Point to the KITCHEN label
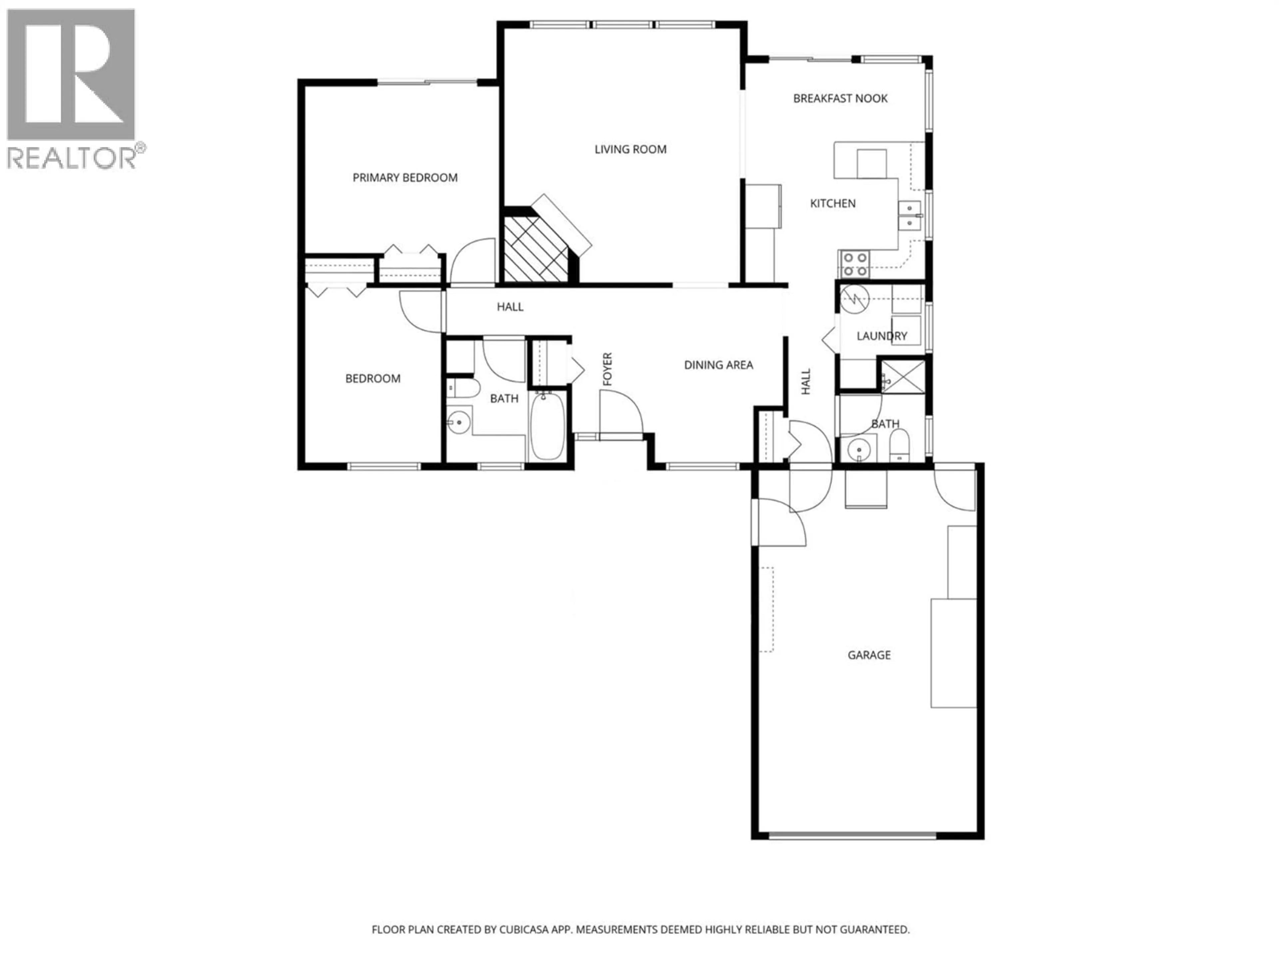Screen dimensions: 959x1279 click(x=833, y=203)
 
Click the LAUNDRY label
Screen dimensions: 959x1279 click(x=881, y=336)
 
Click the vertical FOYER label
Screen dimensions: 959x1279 click(x=607, y=369)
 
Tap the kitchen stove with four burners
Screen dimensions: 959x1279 click(x=855, y=264)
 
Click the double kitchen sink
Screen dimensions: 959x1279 click(x=910, y=215)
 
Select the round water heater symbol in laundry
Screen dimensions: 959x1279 click(x=855, y=299)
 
